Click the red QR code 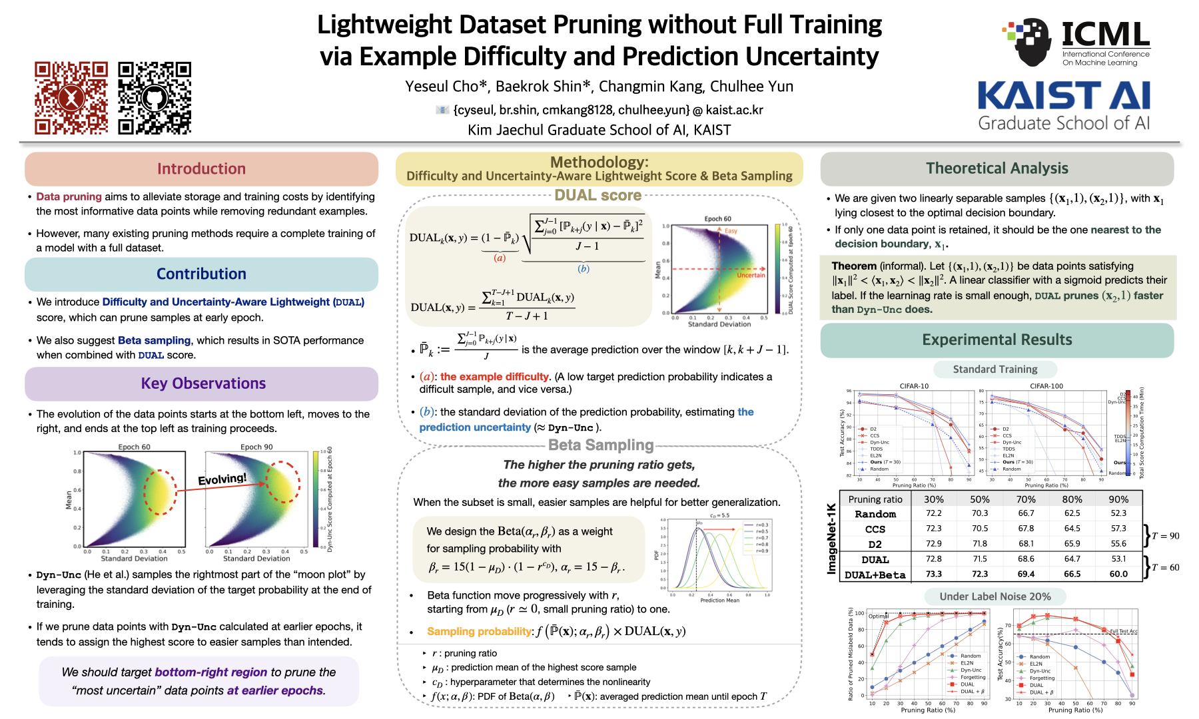71,98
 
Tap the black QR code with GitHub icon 155,98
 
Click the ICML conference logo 1076,43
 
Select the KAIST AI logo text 1064,96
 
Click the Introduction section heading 201,169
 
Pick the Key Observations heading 203,383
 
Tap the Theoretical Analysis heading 997,168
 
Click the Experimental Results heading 997,340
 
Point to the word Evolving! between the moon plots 222,479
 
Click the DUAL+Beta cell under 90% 1118,574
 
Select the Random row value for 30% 933,513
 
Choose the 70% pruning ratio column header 1026,499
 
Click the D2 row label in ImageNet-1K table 875,544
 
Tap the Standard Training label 995,369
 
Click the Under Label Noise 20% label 995,597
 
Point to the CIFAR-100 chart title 1046,386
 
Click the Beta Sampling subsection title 600,445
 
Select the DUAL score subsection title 598,195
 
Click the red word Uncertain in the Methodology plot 751,275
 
